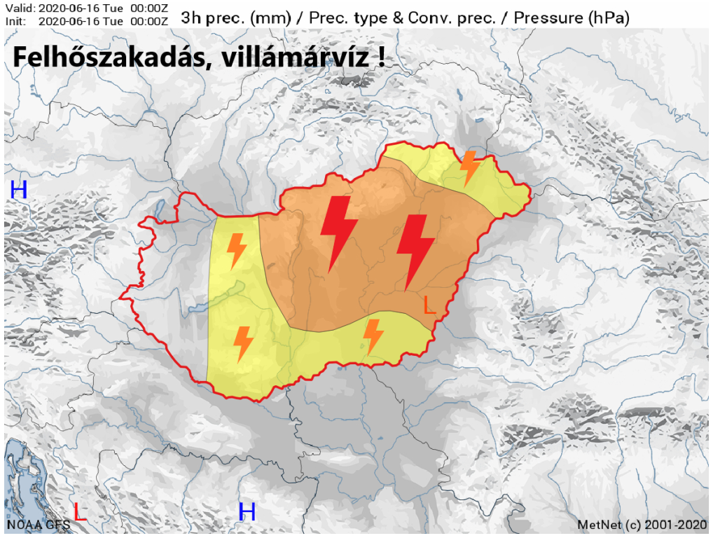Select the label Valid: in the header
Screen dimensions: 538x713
pyautogui.click(x=19, y=7)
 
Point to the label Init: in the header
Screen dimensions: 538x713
pyautogui.click(x=16, y=20)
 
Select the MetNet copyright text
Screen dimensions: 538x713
pyautogui.click(x=642, y=525)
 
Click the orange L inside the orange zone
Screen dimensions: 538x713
pyautogui.click(x=429, y=305)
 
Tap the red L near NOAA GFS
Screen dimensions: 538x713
pyautogui.click(x=80, y=513)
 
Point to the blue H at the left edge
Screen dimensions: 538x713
pyautogui.click(x=18, y=189)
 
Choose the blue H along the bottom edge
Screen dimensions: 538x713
pyautogui.click(x=247, y=512)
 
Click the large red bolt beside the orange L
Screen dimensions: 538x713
pyautogui.click(x=415, y=251)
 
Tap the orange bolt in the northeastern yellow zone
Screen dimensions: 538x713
pyautogui.click(x=469, y=168)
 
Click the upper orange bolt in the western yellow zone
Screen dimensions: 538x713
pyautogui.click(x=237, y=251)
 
